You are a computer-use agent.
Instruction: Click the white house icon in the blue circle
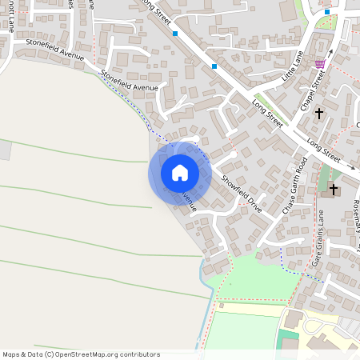tap(180, 172)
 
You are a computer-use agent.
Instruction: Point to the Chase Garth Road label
tap(294, 185)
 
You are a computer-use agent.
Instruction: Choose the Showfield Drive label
tap(242, 189)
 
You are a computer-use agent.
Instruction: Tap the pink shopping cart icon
tap(320, 64)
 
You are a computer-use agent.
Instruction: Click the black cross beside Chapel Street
tap(319, 114)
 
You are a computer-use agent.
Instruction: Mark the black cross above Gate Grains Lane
tap(335, 190)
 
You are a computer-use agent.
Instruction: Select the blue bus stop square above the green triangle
tap(326, 12)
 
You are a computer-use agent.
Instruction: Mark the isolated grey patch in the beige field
tap(5, 150)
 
